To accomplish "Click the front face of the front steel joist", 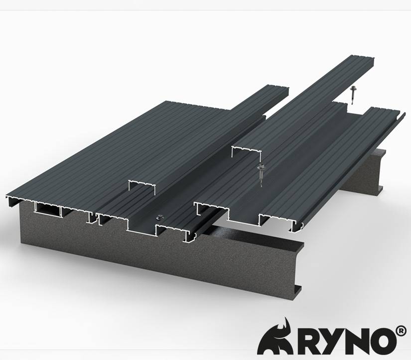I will [x=149, y=259].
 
